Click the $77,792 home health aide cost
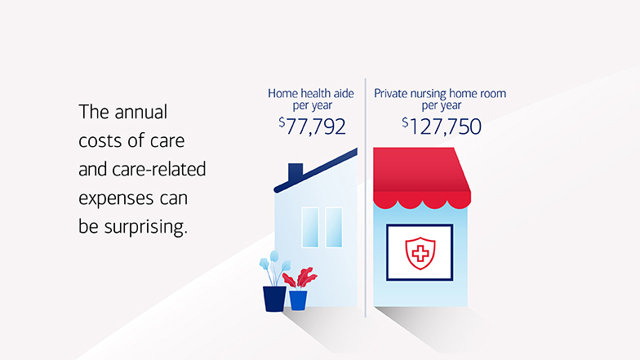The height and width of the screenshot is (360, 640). [312, 127]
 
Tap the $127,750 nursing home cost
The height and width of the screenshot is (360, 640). [441, 127]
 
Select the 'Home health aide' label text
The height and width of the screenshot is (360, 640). [310, 94]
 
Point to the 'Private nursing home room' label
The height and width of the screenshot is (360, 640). [440, 94]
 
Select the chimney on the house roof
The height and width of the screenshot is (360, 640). [296, 172]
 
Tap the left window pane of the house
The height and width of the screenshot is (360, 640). [310, 227]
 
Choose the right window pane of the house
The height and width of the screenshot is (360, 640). [334, 227]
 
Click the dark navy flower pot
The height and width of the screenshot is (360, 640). [274, 298]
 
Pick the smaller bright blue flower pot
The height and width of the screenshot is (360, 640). [298, 300]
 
